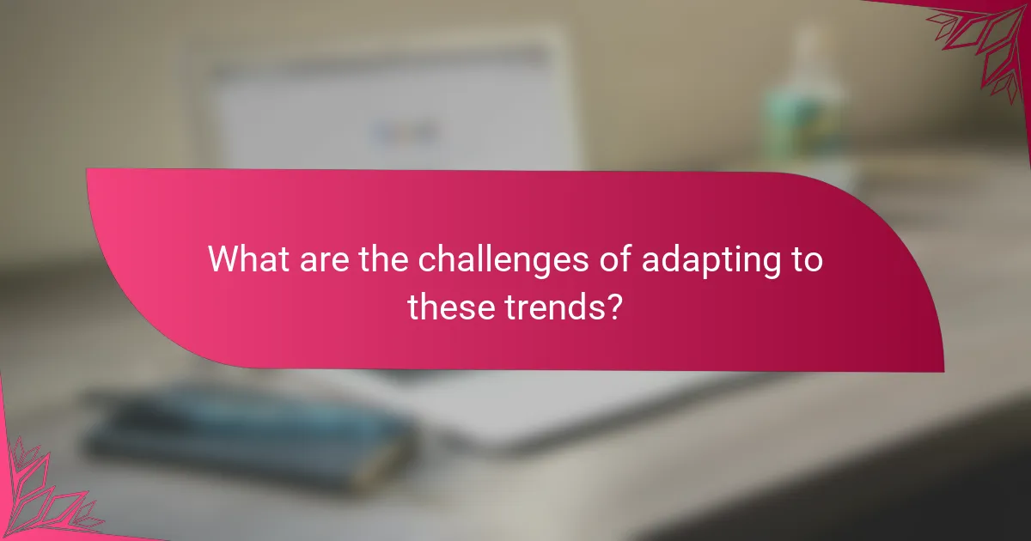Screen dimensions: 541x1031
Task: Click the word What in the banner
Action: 247,259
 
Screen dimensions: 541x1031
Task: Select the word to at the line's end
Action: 805,259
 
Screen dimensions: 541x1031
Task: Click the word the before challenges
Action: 377,259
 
